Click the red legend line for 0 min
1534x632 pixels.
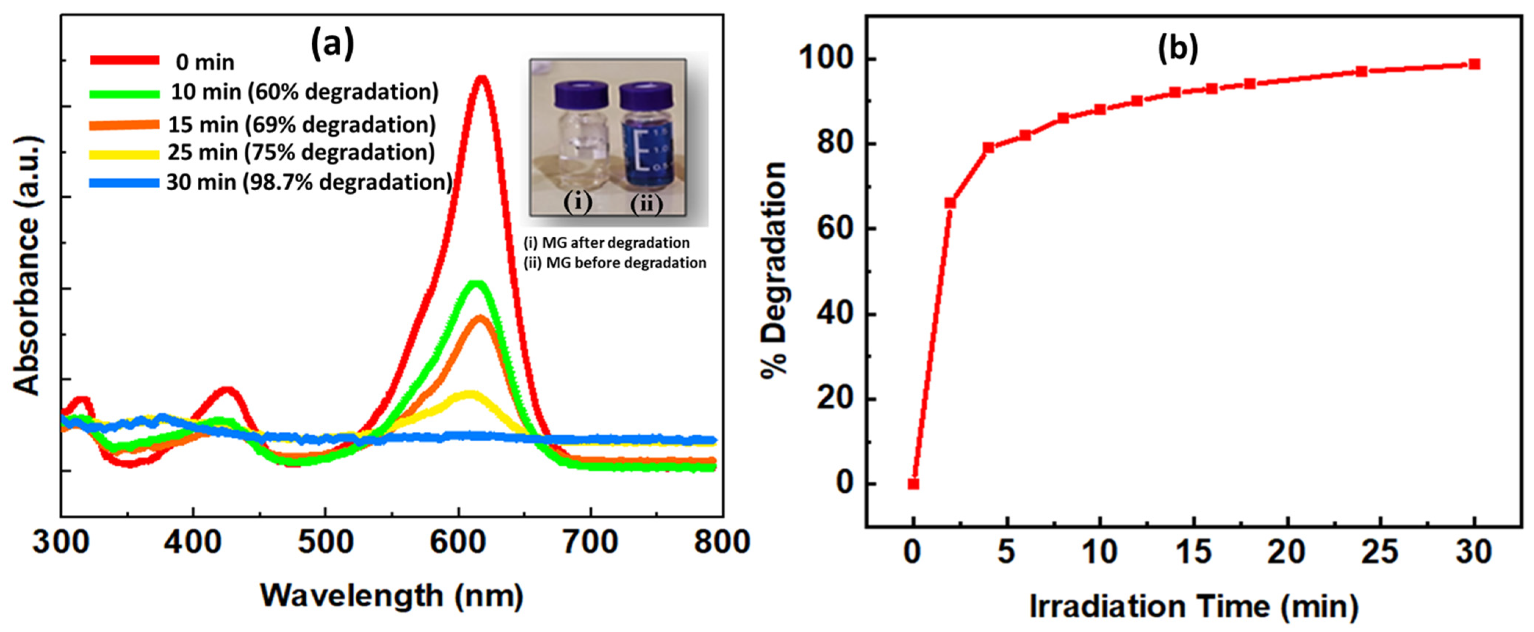125,60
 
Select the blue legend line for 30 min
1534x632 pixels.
125,183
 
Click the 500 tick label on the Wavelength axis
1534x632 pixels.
325,543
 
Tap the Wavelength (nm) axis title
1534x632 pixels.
392,596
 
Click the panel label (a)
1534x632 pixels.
332,45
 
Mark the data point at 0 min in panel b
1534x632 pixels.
913,484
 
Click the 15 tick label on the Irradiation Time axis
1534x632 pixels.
1193,552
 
